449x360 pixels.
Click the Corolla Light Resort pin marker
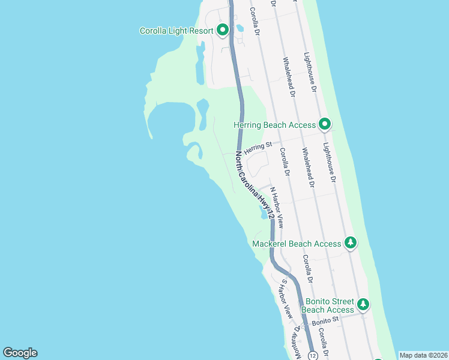(223, 29)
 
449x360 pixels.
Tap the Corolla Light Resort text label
(176, 31)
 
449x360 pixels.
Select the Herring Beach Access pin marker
(325, 124)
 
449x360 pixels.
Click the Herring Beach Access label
(274, 125)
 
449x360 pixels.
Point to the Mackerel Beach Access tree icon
(351, 243)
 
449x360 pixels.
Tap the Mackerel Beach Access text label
(297, 244)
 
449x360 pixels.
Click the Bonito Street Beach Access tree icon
(363, 304)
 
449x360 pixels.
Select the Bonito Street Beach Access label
(328, 305)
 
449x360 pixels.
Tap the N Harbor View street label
(277, 207)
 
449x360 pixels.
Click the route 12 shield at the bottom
(313, 355)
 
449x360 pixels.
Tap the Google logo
(20, 353)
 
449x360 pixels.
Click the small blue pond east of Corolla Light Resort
(240, 28)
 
